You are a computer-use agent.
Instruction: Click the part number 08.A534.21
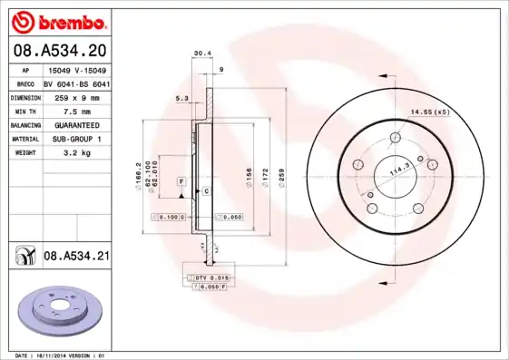pyautogui.click(x=76, y=257)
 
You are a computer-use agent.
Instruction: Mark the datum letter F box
pyautogui.click(x=181, y=182)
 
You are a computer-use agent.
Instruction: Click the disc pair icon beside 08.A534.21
pyautogui.click(x=23, y=257)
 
